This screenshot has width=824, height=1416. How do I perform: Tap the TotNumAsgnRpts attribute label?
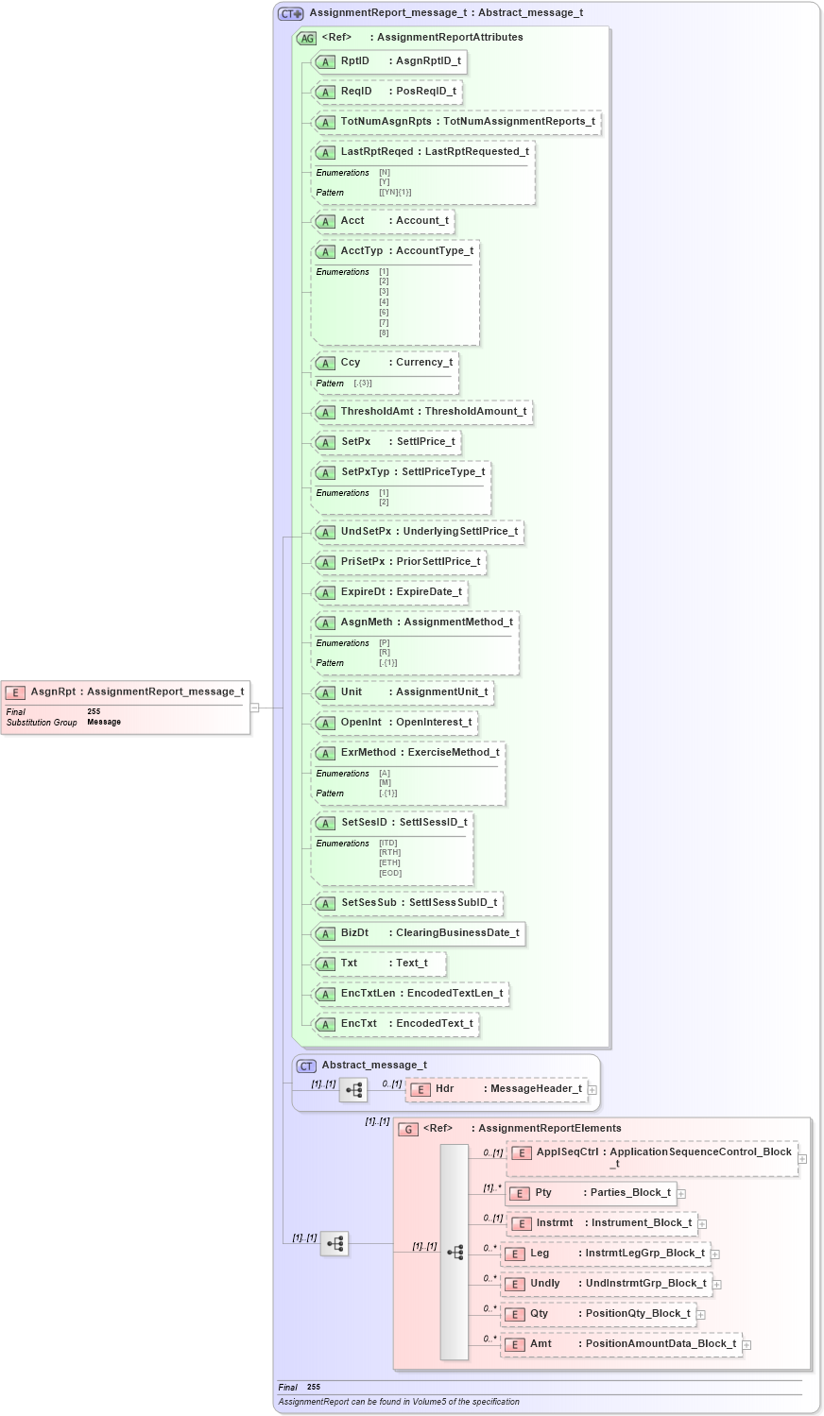(x=386, y=122)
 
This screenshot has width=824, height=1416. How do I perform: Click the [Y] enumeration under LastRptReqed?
(x=385, y=182)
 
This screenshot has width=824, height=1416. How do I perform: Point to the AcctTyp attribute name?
(x=362, y=251)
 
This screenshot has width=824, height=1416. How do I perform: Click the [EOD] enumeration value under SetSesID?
(x=390, y=873)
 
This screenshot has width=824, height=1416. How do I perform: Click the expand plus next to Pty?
(x=681, y=1194)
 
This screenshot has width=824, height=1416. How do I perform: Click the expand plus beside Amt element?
(x=747, y=1345)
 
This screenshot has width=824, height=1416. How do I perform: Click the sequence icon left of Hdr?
(x=353, y=1090)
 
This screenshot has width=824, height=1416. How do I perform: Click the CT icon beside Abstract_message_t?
(x=306, y=1066)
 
